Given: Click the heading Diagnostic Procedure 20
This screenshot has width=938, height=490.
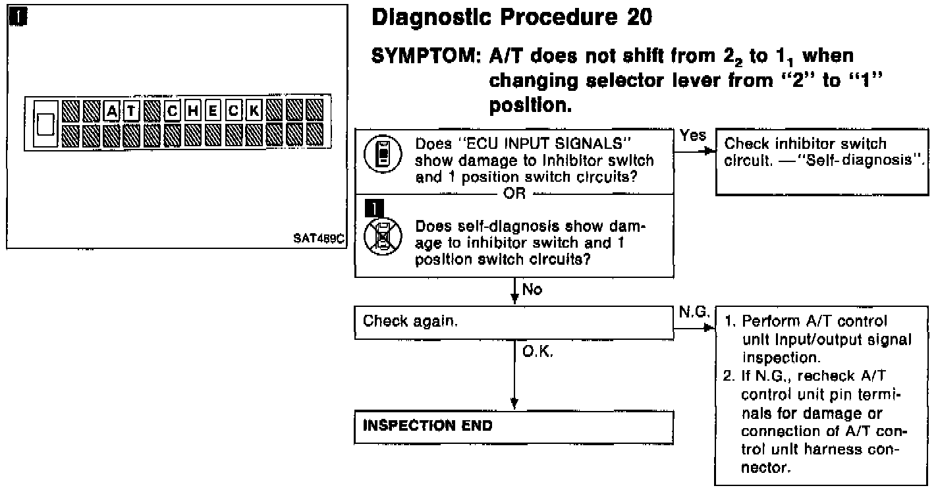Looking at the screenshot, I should coord(512,18).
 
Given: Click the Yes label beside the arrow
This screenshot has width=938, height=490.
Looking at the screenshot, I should coord(693,135).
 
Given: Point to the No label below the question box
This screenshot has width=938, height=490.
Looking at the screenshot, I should coord(532,289).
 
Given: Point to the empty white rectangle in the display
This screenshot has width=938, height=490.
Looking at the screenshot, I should coord(45,123).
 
